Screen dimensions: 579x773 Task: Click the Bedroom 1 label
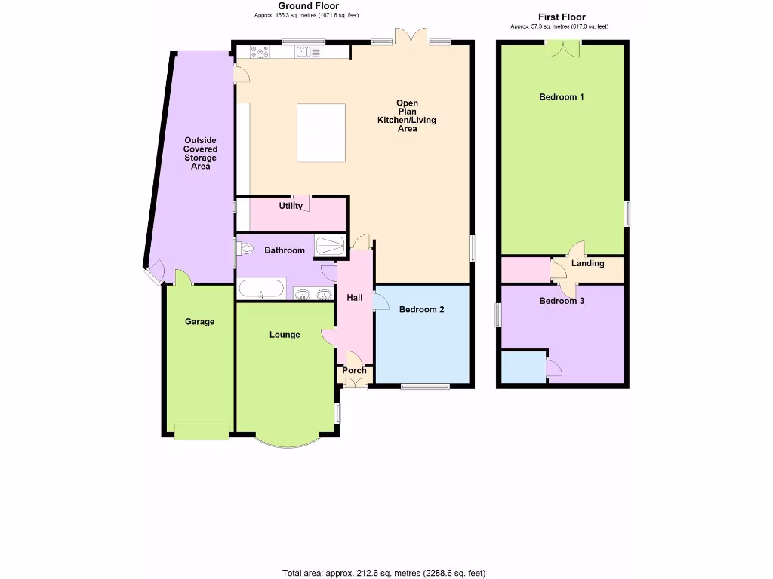click(561, 97)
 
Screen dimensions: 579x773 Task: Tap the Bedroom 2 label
click(421, 309)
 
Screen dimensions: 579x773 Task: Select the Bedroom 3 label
click(561, 301)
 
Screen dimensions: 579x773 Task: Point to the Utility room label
click(291, 206)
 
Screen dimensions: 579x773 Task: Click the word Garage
click(200, 322)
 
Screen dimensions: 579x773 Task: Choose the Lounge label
click(285, 335)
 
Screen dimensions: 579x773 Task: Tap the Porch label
click(354, 370)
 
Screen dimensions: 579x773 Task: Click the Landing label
click(587, 264)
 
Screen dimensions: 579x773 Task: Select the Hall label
click(354, 298)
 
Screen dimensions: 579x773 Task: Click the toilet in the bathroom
click(245, 248)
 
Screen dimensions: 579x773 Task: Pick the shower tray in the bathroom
click(329, 246)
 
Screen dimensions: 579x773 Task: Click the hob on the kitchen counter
click(260, 52)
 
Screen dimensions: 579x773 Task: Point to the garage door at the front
click(201, 431)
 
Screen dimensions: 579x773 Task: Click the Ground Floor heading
click(308, 6)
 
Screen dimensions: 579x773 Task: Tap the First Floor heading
click(561, 17)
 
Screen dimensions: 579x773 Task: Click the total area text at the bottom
click(383, 574)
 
